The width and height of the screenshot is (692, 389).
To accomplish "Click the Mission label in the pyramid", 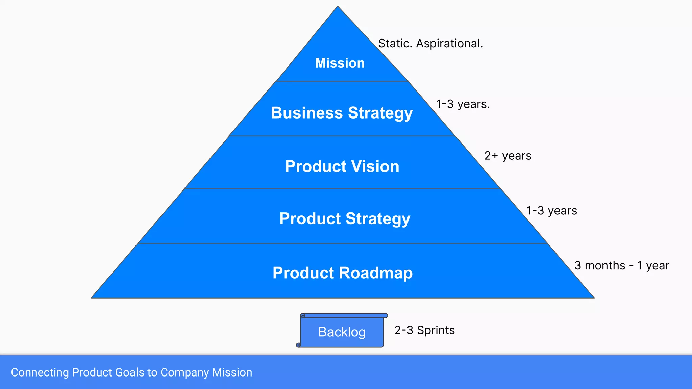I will tap(340, 63).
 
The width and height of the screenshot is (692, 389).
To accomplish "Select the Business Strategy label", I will tap(342, 113).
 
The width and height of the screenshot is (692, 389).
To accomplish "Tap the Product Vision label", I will tap(342, 166).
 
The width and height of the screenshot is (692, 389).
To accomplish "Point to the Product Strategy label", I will tap(345, 219).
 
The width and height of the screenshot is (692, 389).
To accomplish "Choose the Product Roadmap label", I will tap(343, 273).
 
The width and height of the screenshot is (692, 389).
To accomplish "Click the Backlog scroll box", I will tap(342, 332).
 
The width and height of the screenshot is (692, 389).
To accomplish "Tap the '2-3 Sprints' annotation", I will tap(424, 330).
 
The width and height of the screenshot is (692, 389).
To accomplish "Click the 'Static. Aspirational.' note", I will tap(430, 44).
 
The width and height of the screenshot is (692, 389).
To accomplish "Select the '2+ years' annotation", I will tap(508, 156).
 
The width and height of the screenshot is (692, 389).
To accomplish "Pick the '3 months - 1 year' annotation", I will tap(622, 265).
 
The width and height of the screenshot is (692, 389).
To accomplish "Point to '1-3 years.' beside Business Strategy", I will tap(463, 104).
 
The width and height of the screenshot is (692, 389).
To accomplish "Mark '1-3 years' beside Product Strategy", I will tap(551, 211).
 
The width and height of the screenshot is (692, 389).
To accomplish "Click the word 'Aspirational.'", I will tap(449, 44).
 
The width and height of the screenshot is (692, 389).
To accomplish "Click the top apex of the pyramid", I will tap(338, 7).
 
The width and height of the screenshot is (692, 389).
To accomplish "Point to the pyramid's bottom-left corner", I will tap(92, 297).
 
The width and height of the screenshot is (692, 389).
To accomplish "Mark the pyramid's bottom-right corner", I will tap(593, 297).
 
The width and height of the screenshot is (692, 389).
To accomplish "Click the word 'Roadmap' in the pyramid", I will tap(375, 273).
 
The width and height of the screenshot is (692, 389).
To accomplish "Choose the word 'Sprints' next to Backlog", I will tap(436, 330).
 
